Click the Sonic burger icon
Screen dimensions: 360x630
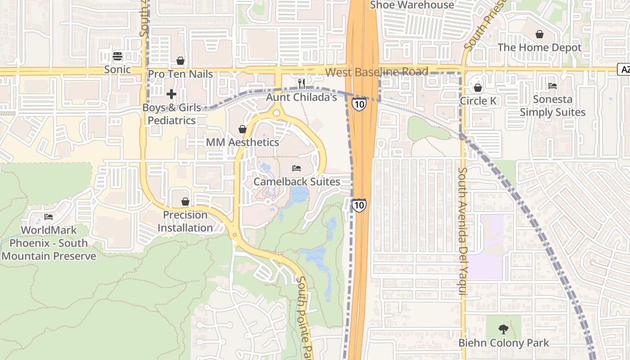[117, 56]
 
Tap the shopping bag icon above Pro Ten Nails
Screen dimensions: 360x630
[180, 61]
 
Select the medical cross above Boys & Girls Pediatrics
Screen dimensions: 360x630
[171, 94]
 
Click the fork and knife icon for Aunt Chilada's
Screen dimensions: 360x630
[301, 83]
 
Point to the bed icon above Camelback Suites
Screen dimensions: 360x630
[297, 168]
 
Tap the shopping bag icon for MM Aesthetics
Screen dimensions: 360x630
[243, 130]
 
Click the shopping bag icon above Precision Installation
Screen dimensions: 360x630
[185, 202]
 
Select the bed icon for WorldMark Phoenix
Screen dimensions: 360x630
[49, 217]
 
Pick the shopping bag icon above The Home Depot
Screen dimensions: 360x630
[539, 34]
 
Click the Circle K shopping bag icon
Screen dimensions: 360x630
[478, 88]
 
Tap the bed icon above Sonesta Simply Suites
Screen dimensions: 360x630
[553, 86]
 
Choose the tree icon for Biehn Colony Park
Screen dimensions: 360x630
[504, 329]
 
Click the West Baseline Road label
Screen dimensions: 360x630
[377, 72]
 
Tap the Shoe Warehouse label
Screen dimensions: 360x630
[412, 5]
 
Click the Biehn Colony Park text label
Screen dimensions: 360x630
[504, 343]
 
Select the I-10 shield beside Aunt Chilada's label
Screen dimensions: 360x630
[359, 104]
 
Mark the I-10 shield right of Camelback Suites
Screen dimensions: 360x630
[359, 206]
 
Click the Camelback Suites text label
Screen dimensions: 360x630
[297, 182]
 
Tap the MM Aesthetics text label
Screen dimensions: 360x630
[243, 142]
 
